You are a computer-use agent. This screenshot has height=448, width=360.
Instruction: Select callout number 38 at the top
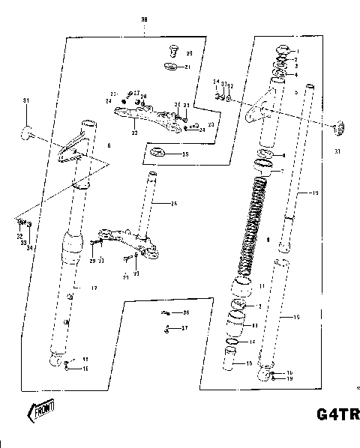point(144,20)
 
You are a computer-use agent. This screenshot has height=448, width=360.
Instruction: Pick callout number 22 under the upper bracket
point(134,133)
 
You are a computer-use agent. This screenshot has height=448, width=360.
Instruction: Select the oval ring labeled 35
point(158,154)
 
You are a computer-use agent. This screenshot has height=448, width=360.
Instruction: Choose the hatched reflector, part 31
point(338,129)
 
